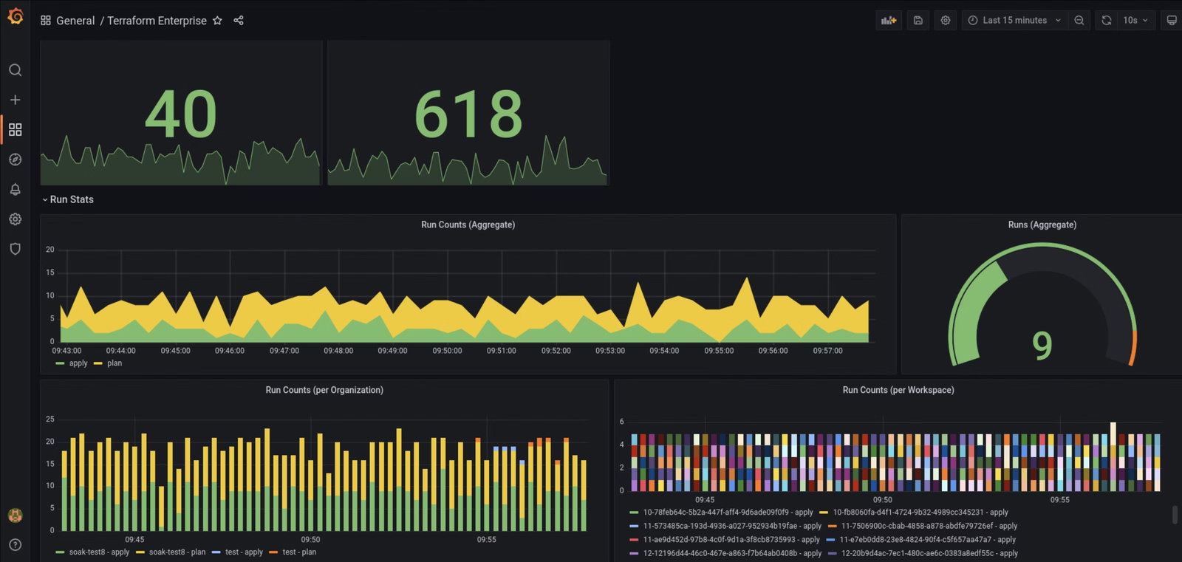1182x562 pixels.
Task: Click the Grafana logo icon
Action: (x=15, y=16)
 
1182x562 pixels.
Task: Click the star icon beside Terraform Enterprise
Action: (x=217, y=21)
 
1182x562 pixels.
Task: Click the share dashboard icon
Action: (x=239, y=21)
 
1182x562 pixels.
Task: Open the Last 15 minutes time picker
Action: (x=1014, y=21)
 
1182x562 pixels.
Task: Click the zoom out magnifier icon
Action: (x=1079, y=21)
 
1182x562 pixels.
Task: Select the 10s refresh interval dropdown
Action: (x=1135, y=21)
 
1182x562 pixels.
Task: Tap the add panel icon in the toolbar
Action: (x=889, y=21)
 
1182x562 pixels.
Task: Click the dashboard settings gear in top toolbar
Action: (x=946, y=21)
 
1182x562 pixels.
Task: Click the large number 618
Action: (x=468, y=114)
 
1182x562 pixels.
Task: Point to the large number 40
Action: (x=181, y=114)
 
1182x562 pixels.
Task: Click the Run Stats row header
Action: (x=71, y=199)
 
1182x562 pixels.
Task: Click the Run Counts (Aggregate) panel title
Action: (x=468, y=225)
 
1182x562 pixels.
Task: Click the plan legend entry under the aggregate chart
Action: (x=114, y=363)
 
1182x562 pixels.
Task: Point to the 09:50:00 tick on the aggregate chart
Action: (x=447, y=351)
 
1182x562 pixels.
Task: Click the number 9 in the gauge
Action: (x=1042, y=346)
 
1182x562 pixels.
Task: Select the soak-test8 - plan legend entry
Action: (x=177, y=552)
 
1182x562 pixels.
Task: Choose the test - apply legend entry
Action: (x=243, y=552)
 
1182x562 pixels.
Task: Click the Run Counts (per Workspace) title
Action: (x=898, y=390)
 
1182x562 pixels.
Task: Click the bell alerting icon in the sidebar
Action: (x=15, y=190)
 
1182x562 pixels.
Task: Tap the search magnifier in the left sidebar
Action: (x=15, y=70)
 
